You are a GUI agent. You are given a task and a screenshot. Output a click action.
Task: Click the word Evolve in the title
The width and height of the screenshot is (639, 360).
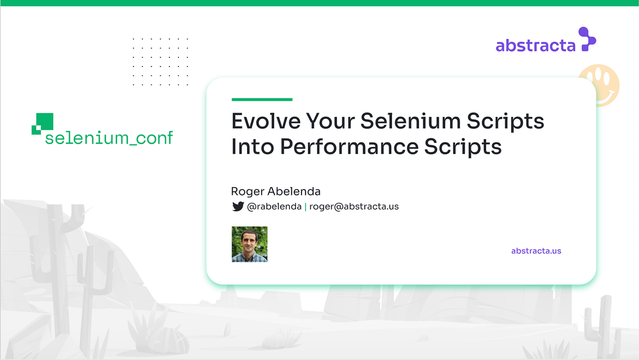pyautogui.click(x=264, y=121)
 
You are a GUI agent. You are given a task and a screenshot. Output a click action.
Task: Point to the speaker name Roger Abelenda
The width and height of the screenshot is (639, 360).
pyautogui.click(x=276, y=191)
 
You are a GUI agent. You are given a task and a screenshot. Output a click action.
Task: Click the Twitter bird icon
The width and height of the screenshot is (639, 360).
pyautogui.click(x=238, y=207)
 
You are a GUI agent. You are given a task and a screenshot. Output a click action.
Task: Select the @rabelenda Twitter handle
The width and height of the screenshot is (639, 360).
pyautogui.click(x=274, y=207)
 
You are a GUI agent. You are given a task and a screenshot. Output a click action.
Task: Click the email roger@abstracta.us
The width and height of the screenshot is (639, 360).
pyautogui.click(x=354, y=207)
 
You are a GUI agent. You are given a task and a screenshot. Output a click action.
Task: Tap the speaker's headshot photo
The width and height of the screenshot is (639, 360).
pyautogui.click(x=249, y=244)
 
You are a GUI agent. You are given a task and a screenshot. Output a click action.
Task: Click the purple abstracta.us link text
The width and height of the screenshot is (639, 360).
pyautogui.click(x=536, y=251)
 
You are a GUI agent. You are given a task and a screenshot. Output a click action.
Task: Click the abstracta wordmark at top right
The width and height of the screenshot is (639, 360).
pyautogui.click(x=535, y=46)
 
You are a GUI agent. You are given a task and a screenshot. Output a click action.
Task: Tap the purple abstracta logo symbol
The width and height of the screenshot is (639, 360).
pyautogui.click(x=587, y=39)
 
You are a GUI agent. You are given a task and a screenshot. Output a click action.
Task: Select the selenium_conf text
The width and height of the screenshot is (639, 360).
pyautogui.click(x=109, y=138)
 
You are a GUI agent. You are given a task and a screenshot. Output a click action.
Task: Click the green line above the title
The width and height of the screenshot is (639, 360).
pyautogui.click(x=262, y=99)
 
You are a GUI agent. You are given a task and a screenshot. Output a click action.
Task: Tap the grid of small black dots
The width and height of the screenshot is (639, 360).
pyautogui.click(x=160, y=61)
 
